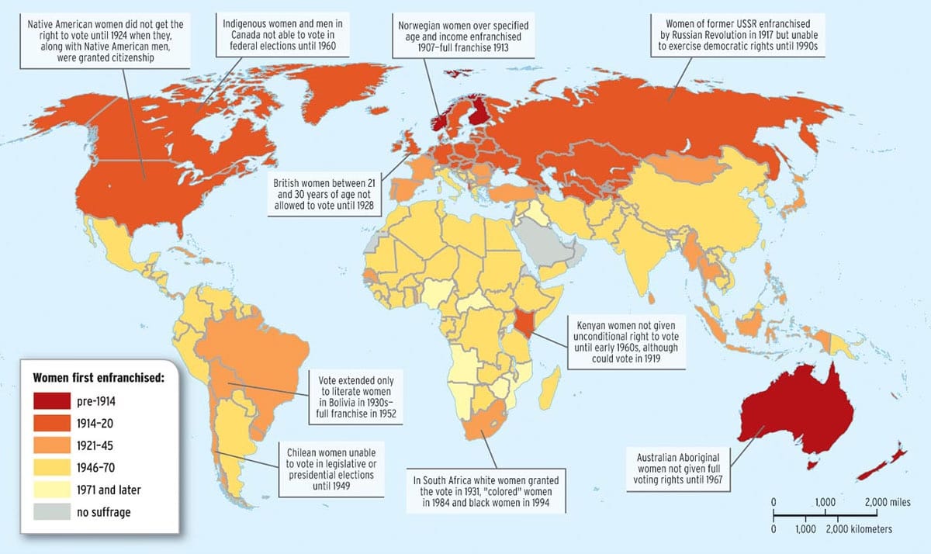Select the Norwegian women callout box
[x=463, y=35]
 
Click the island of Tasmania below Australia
[x=814, y=464]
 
